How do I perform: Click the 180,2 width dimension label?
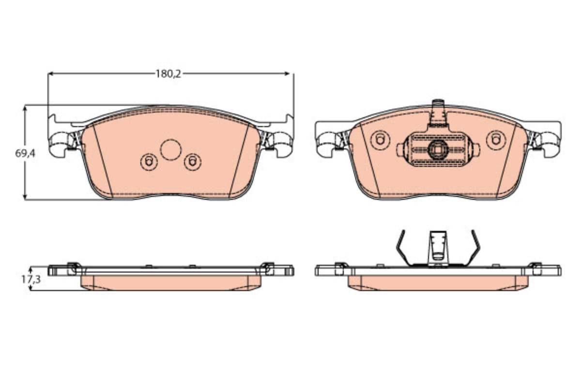[x=168, y=74]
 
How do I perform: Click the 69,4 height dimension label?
[x=25, y=153]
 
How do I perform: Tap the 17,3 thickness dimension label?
[x=31, y=279]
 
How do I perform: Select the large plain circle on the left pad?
[x=170, y=150]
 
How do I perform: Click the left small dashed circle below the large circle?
[x=149, y=162]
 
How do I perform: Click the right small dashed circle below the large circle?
[x=193, y=162]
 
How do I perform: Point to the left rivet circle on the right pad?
[x=380, y=140]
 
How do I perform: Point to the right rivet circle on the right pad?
[x=496, y=140]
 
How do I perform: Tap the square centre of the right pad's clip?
[x=438, y=150]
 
